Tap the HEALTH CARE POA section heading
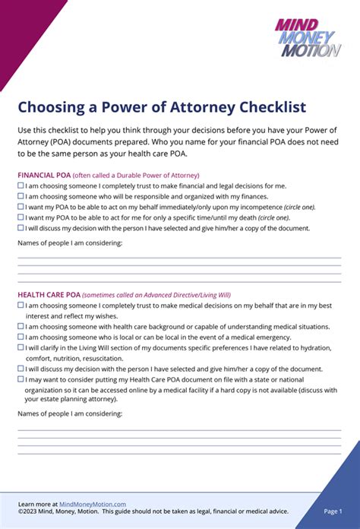point(49,295)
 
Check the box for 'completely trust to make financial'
point(21,185)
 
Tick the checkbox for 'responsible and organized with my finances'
point(21,196)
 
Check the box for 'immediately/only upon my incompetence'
point(21,207)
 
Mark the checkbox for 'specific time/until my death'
point(21,217)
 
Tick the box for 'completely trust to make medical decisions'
point(21,306)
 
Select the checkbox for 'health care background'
point(21,327)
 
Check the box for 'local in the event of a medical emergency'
point(21,337)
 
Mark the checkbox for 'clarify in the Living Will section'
point(21,347)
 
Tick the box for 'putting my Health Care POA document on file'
point(21,379)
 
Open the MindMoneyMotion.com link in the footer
point(92,504)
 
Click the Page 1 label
point(333,512)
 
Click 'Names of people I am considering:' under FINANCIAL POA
point(69,243)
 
